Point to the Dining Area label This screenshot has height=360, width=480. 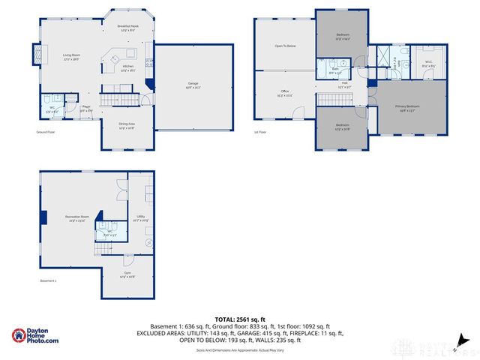pyautogui.click(x=127, y=125)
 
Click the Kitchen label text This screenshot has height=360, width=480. pyautogui.click(x=128, y=67)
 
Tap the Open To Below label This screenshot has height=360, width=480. pyautogui.click(x=285, y=46)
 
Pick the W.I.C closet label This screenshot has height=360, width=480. pyautogui.click(x=427, y=63)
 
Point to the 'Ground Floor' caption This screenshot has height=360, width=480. pyautogui.click(x=46, y=132)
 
